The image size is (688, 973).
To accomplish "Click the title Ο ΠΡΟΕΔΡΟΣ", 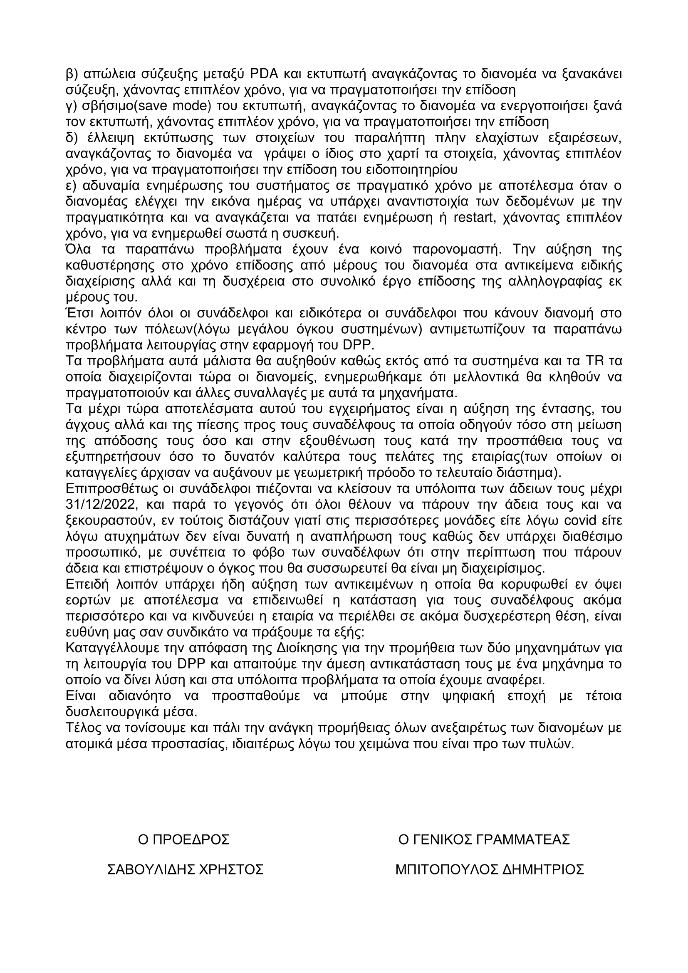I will [x=184, y=839].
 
